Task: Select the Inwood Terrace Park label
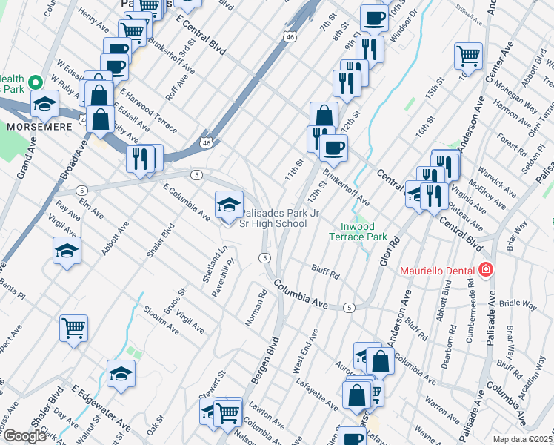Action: point(358,231)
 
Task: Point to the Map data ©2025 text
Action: point(522,439)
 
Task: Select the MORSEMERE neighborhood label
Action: point(39,127)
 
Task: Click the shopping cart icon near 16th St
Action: point(468,55)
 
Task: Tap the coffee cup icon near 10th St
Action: point(374,18)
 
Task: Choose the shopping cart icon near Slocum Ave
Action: point(73,327)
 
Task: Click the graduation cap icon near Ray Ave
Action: point(67,249)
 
